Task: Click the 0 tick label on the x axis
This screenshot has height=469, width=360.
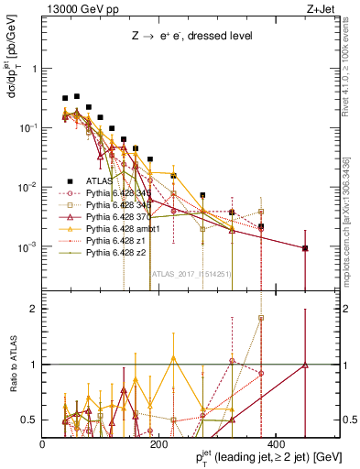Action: point(43,444)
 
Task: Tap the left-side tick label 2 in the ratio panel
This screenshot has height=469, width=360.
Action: point(34,309)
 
